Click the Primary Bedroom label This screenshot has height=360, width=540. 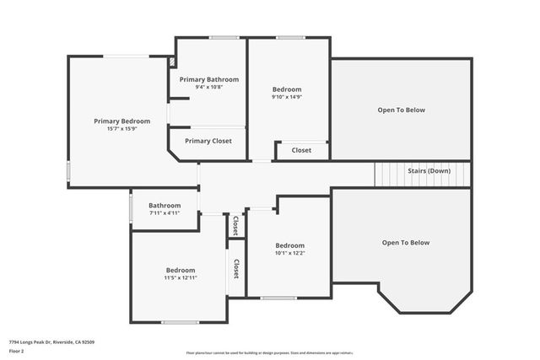click(x=121, y=121)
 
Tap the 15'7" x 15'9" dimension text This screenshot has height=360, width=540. click(x=121, y=129)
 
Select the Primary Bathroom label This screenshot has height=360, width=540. click(x=209, y=79)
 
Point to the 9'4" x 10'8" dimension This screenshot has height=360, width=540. click(x=209, y=87)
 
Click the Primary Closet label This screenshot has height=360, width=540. click(x=208, y=141)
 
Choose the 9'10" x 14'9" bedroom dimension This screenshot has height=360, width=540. click(x=287, y=97)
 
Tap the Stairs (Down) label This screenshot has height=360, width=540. click(x=429, y=171)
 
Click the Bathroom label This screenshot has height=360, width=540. click(x=165, y=206)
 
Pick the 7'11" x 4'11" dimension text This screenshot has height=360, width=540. click(x=165, y=213)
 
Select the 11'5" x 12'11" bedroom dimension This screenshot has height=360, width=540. click(x=181, y=277)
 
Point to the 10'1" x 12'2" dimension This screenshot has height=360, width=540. click(x=289, y=253)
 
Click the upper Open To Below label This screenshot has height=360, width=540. click(x=401, y=110)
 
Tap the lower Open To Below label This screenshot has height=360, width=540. click(x=406, y=243)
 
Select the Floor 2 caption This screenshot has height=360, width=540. click(x=18, y=352)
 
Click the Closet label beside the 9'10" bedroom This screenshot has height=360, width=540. click(x=301, y=151)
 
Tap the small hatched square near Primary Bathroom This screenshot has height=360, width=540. click(x=172, y=62)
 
